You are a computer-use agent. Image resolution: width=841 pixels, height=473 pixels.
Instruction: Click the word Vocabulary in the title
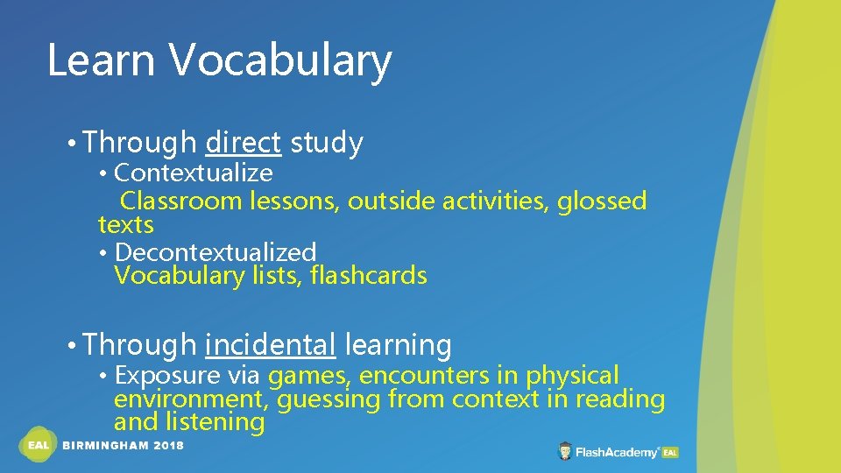coord(280,61)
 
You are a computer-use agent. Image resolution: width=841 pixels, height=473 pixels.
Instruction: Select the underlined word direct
coord(243,142)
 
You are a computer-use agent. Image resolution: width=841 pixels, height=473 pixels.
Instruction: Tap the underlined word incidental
coord(270,345)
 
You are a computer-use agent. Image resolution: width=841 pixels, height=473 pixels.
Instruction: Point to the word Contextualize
coord(193,173)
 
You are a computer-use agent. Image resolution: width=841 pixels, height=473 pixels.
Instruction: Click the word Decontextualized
coord(215,252)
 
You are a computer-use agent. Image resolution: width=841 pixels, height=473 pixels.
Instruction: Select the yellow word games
coord(310,377)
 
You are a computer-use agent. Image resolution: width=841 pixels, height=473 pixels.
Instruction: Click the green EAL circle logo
coord(38,445)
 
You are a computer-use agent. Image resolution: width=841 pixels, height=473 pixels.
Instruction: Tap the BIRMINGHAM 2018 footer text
coord(124,446)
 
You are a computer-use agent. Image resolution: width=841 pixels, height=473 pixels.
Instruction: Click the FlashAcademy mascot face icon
coord(566,452)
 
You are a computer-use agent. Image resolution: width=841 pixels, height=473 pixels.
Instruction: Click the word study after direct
coord(326,142)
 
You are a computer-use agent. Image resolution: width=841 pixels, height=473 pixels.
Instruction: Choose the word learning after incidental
coord(398,345)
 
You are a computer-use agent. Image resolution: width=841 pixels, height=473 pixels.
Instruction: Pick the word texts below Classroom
coord(125,225)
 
